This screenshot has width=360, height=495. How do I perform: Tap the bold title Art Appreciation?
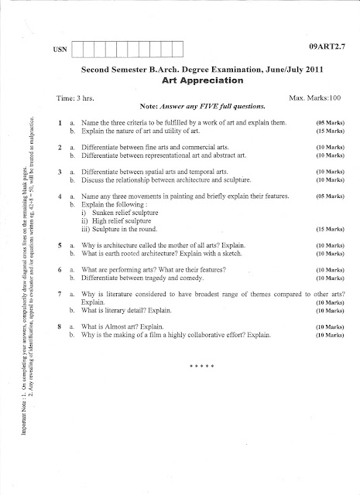[200, 80]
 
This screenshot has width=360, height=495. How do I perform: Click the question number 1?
[60, 124]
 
